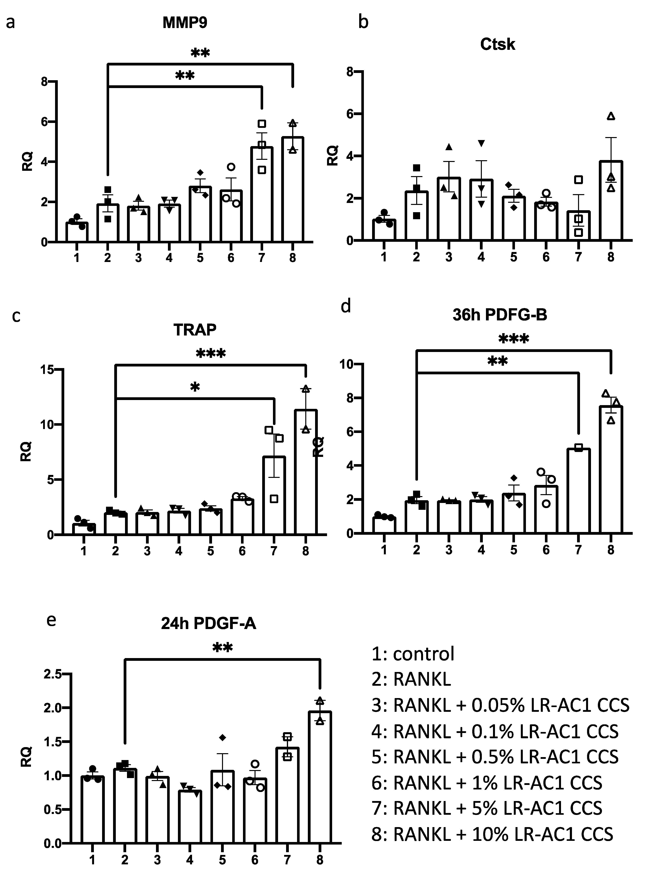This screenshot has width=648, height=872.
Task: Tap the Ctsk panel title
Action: click(x=497, y=44)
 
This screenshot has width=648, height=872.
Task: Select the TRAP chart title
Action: click(x=195, y=330)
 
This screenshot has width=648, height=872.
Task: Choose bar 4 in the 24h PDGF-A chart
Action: click(x=190, y=816)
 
